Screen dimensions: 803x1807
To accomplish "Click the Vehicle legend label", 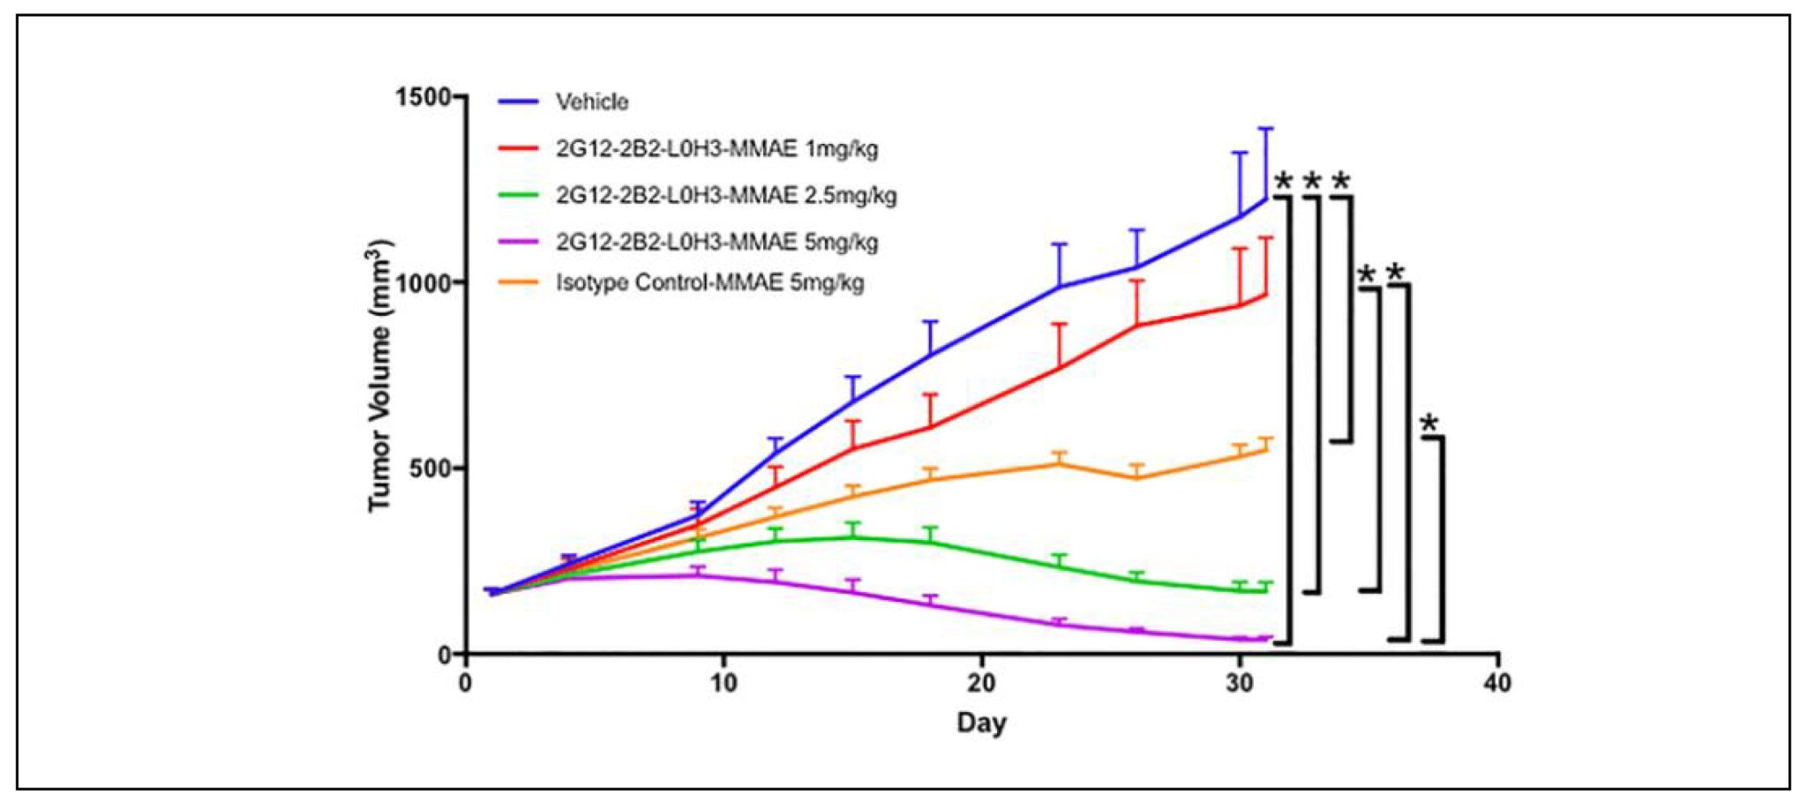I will click(x=591, y=102).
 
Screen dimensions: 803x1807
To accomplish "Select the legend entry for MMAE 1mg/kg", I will click(x=716, y=148).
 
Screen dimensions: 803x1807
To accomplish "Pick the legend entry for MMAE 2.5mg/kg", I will click(x=725, y=195).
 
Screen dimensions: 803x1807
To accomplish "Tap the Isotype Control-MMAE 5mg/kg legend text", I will click(x=709, y=283).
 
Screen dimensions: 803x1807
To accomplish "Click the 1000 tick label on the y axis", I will click(x=424, y=282).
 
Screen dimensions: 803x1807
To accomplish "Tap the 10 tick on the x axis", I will click(x=724, y=683).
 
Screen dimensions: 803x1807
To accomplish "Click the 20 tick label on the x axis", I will click(x=981, y=683).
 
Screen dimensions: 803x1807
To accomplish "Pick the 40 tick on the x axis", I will click(x=1497, y=683).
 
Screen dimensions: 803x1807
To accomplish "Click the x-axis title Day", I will click(x=981, y=724).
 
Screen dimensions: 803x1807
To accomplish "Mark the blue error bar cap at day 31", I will click(x=1266, y=129).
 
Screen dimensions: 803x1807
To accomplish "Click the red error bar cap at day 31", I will click(x=1266, y=237).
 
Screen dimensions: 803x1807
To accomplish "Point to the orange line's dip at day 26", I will click(x=1137, y=478).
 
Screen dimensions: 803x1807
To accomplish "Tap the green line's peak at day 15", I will click(x=852, y=537).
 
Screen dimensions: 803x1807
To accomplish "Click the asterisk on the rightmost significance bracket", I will click(x=1429, y=424).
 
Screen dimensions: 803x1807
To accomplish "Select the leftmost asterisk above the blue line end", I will click(x=1284, y=183).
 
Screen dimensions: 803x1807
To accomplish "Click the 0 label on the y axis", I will click(x=445, y=655).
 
